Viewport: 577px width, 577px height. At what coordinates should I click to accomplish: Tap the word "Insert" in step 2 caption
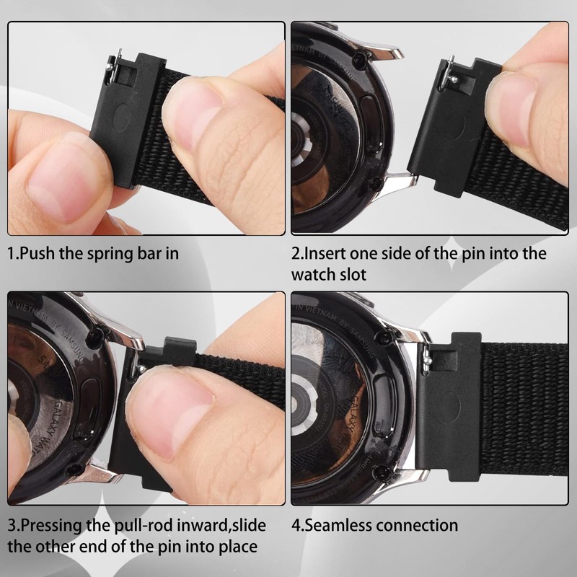[x=330, y=254]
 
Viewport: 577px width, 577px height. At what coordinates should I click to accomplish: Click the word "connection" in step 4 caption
[x=417, y=525]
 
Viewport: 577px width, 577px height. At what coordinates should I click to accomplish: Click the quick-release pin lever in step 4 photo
[x=430, y=353]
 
